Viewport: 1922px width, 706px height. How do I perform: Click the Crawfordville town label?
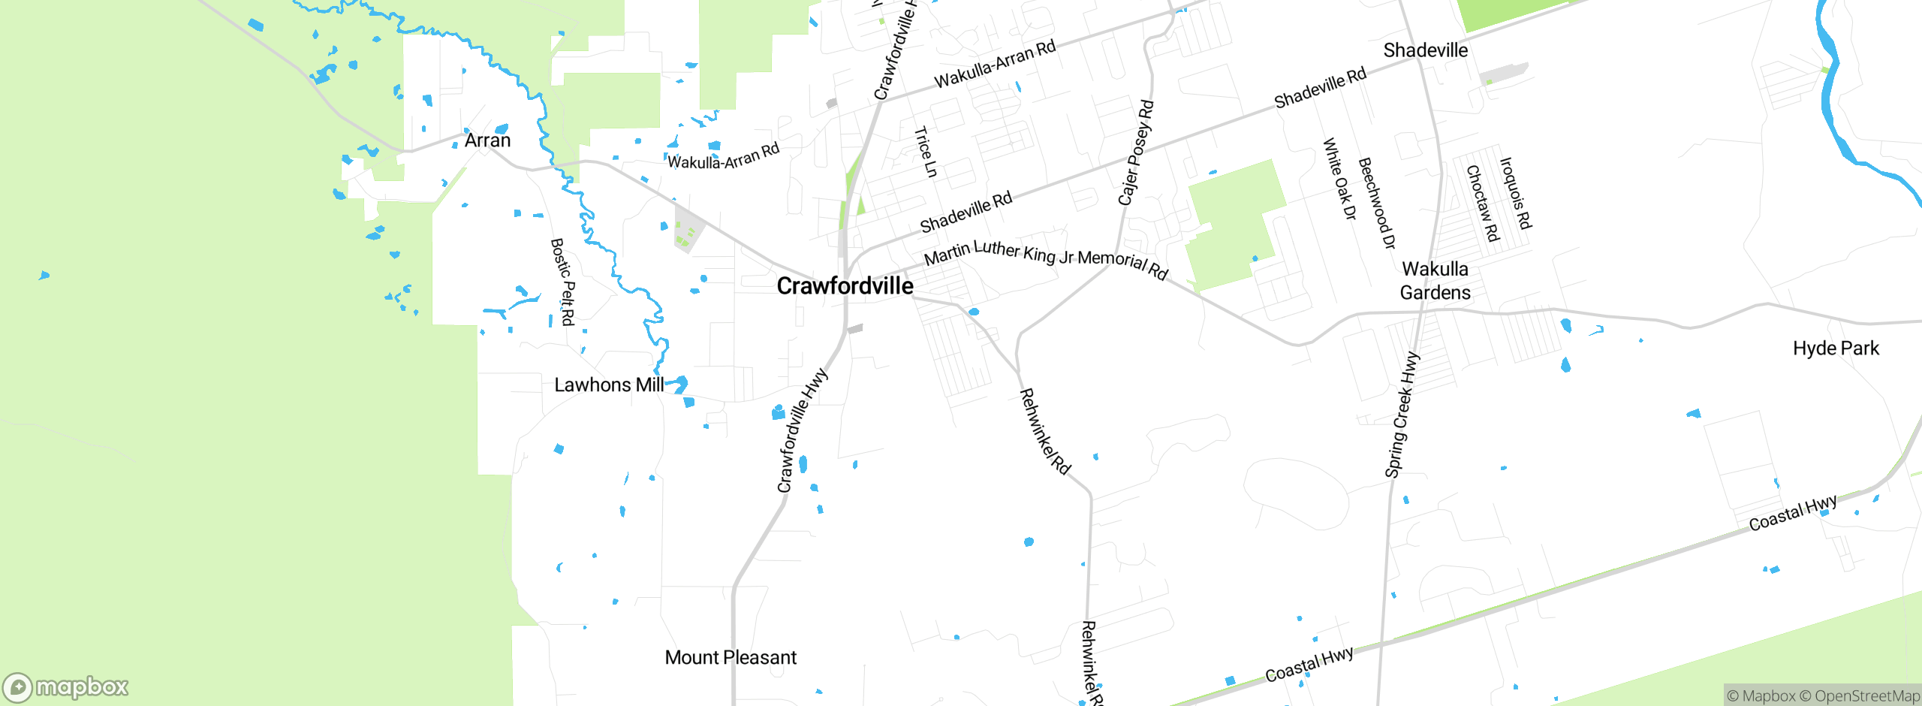845,286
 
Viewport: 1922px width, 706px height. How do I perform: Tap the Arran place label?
487,140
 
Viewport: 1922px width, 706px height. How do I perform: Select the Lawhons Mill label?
609,385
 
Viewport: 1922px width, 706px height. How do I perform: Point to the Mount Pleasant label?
731,658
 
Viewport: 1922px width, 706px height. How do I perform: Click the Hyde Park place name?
1836,348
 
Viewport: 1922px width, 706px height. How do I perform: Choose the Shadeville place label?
1425,50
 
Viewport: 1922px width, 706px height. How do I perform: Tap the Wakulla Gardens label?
1435,280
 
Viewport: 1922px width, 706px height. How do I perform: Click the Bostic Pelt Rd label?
562,282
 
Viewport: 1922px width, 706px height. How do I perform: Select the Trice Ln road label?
926,152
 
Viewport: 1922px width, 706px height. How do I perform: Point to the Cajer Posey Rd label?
1135,153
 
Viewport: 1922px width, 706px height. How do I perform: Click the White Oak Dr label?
1339,179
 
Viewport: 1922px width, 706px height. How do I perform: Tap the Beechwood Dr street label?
1377,203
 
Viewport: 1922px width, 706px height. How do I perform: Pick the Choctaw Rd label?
1483,204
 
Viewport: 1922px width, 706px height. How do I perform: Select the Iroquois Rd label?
1515,193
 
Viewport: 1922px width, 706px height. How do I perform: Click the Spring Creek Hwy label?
1402,415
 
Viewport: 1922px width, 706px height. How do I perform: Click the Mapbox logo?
66,687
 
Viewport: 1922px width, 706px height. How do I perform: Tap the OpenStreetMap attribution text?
1866,696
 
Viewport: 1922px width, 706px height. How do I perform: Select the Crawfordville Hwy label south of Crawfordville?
802,430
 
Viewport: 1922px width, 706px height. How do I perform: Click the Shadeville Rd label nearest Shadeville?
1320,88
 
